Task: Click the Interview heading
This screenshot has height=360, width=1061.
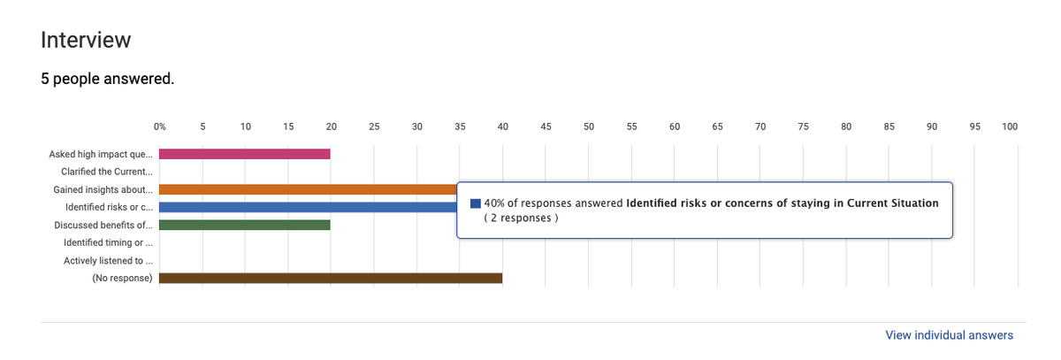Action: (x=86, y=40)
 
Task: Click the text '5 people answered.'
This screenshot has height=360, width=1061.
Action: (x=107, y=80)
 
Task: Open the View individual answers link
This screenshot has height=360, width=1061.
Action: (x=949, y=335)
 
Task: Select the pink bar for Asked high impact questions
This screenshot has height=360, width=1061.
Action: (x=245, y=154)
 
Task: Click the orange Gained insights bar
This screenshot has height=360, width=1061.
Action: (x=308, y=189)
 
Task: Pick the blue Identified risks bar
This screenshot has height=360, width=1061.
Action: (x=308, y=207)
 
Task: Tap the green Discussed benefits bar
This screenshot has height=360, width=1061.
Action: (x=245, y=225)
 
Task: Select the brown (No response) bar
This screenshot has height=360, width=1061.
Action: (x=331, y=279)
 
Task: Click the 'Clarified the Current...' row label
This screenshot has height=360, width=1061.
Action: (x=106, y=172)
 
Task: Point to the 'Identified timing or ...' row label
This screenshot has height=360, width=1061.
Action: (x=108, y=242)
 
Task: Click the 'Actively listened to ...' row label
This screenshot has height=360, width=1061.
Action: (x=108, y=261)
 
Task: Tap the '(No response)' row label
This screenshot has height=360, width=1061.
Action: (x=122, y=279)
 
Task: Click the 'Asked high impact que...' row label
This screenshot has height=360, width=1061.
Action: (x=101, y=154)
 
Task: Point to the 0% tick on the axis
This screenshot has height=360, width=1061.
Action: (x=160, y=126)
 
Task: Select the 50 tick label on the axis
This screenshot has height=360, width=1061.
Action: (x=589, y=126)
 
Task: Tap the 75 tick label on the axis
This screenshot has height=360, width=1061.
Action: (x=803, y=126)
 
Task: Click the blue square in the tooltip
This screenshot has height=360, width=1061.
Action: (x=476, y=203)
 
